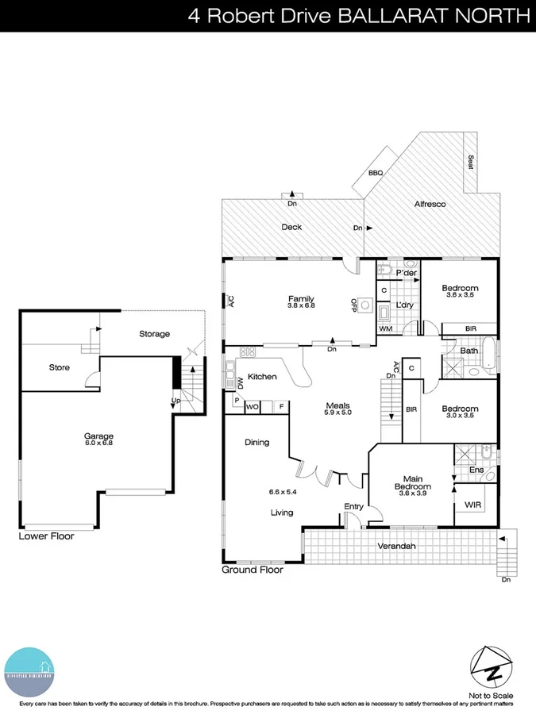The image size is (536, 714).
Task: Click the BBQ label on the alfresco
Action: [375, 172]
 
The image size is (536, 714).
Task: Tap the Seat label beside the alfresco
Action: [471, 162]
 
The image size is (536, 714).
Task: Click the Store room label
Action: [60, 367]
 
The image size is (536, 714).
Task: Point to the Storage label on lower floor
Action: [154, 334]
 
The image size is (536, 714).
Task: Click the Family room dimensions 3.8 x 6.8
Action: [301, 305]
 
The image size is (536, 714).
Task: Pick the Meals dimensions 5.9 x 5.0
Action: [337, 413]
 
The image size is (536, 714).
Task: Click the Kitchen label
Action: [262, 376]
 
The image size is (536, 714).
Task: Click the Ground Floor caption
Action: [252, 569]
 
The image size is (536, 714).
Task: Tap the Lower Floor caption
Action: [46, 536]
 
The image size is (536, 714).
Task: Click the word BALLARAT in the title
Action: [382, 15]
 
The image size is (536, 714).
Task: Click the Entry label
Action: [353, 506]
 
